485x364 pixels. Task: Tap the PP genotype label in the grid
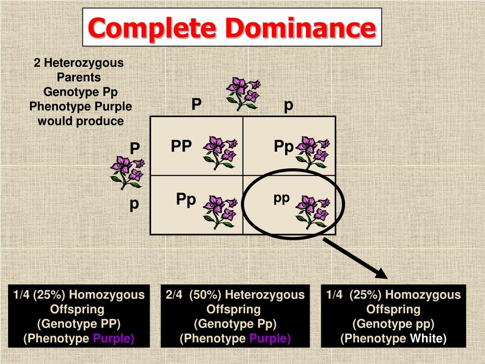[x=181, y=146]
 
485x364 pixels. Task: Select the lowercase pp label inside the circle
[x=281, y=198]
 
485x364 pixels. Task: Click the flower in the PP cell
[x=219, y=152]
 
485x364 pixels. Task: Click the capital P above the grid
[x=196, y=104]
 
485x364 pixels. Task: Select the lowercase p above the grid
[x=288, y=105]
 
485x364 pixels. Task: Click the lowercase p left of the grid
[x=135, y=204]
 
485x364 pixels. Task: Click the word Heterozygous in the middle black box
[x=264, y=295]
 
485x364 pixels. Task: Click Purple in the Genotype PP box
[x=114, y=339]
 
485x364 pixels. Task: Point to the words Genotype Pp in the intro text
[x=81, y=92]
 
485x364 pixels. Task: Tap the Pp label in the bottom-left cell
[x=186, y=200]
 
